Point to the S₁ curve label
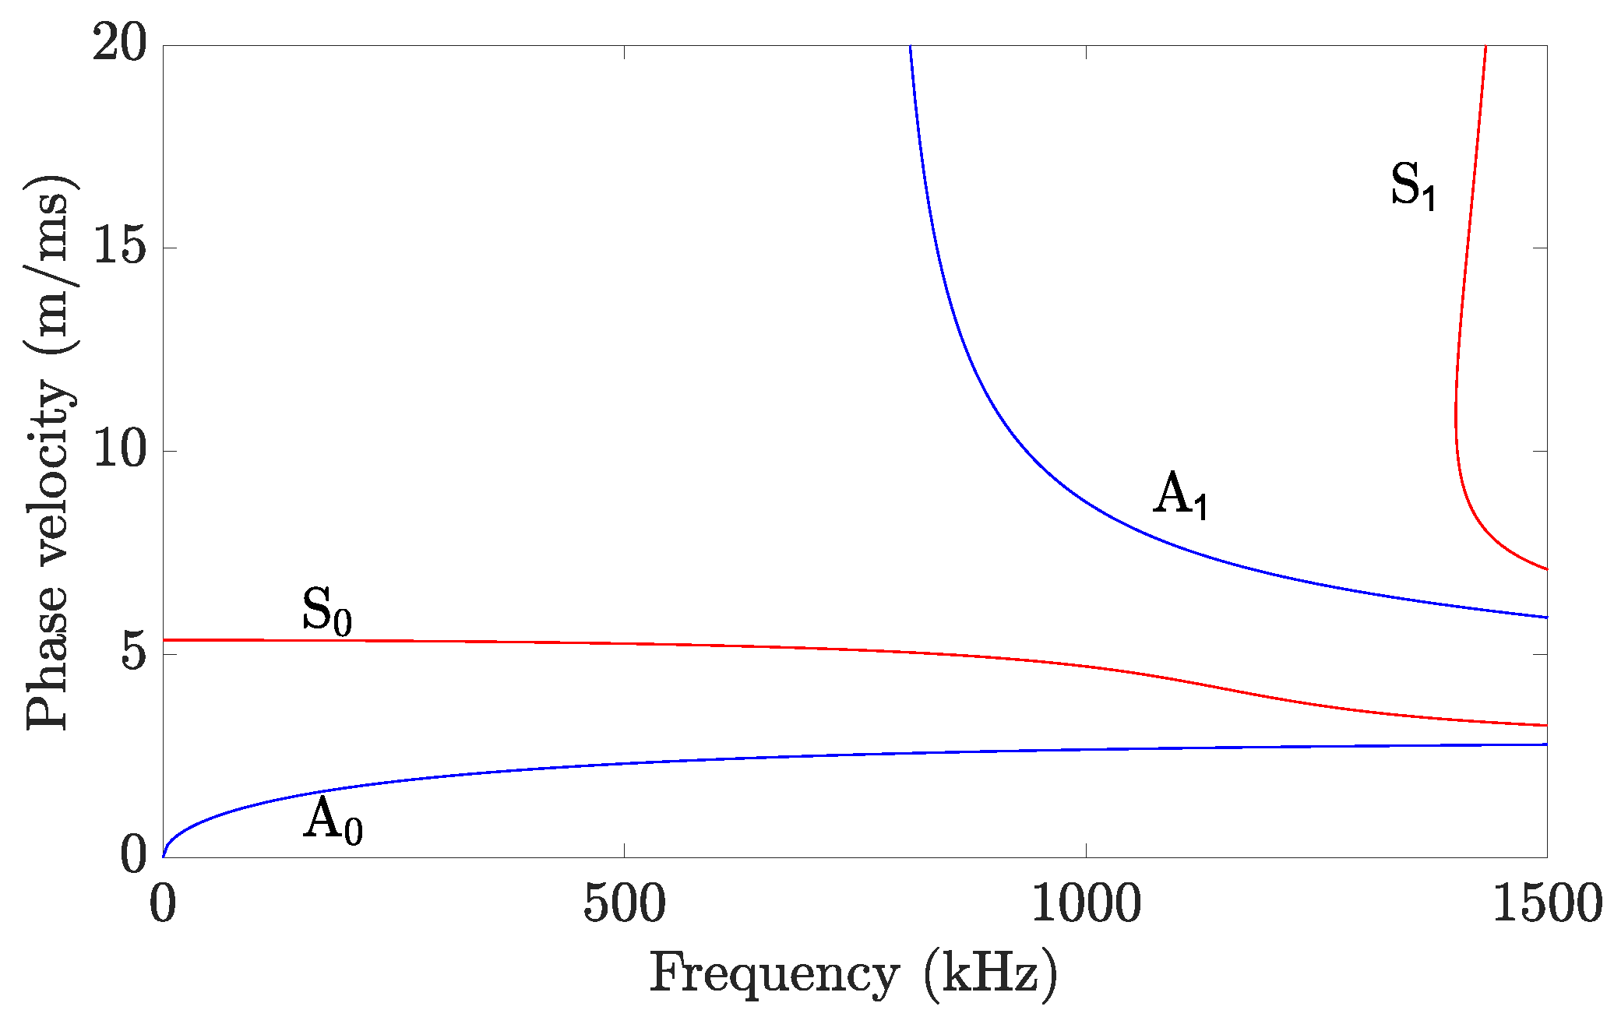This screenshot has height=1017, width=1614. (x=1413, y=187)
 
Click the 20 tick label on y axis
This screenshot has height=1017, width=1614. (x=119, y=44)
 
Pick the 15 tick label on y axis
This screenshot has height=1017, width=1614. (x=119, y=248)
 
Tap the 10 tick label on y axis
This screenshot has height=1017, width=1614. (x=119, y=450)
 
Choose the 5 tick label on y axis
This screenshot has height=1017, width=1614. (x=134, y=654)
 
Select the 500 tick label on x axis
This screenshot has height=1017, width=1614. (x=625, y=905)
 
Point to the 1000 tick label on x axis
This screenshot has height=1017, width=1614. (x=1086, y=905)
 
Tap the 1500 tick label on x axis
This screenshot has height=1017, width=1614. (x=1547, y=905)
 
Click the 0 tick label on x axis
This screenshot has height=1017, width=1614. (x=163, y=905)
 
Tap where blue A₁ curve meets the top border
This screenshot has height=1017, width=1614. (x=910, y=47)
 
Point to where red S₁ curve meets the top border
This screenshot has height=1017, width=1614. (x=1486, y=47)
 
